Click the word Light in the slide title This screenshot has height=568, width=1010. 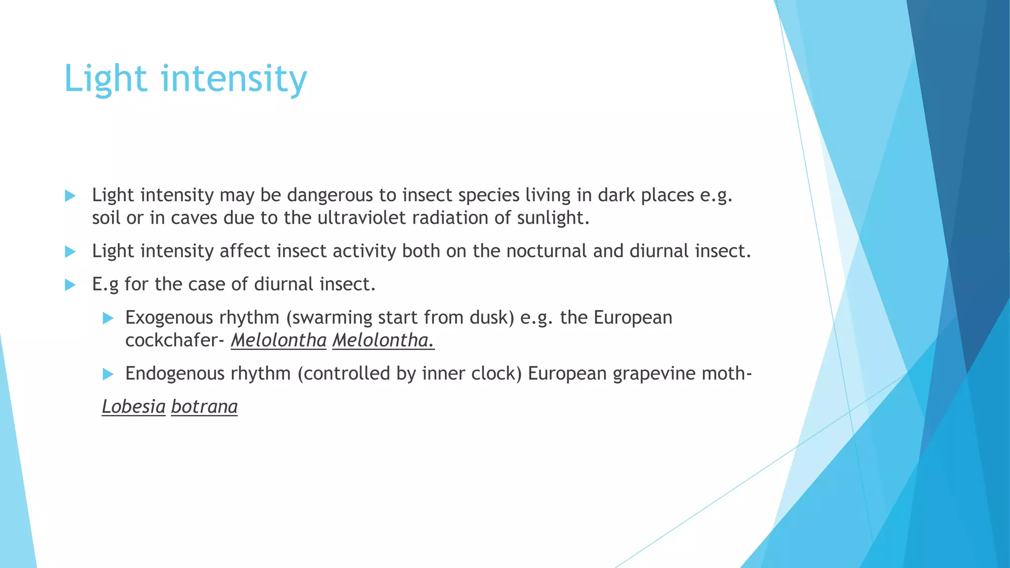[x=106, y=79]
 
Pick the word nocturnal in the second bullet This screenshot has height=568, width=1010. [x=546, y=251]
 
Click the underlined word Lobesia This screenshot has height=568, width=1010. [x=134, y=407]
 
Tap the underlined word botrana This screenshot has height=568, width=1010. [x=204, y=407]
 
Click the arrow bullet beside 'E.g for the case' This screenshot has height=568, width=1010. [x=70, y=285]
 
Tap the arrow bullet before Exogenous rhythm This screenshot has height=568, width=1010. [x=108, y=319]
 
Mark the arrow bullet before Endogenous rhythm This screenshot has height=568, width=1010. [x=108, y=374]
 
